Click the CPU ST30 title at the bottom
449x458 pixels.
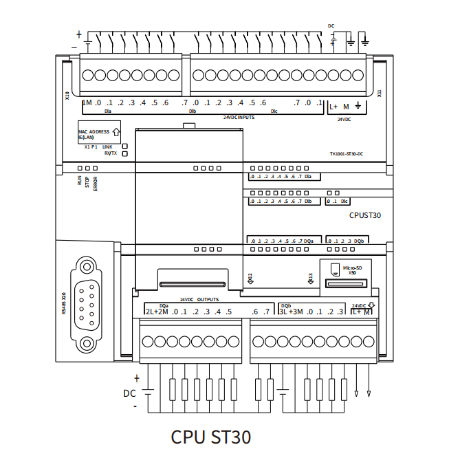(x=210, y=437)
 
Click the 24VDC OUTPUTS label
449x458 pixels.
(x=199, y=300)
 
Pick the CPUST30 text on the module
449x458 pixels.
(x=365, y=215)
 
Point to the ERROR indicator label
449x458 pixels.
(x=96, y=184)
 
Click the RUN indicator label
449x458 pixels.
(x=80, y=182)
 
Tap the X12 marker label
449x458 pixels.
(x=250, y=278)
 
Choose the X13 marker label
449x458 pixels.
(x=311, y=278)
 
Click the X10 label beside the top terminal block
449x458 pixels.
(x=67, y=96)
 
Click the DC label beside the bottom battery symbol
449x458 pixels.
(x=129, y=394)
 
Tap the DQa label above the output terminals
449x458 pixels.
(x=164, y=305)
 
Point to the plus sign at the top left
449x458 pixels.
(x=78, y=34)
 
